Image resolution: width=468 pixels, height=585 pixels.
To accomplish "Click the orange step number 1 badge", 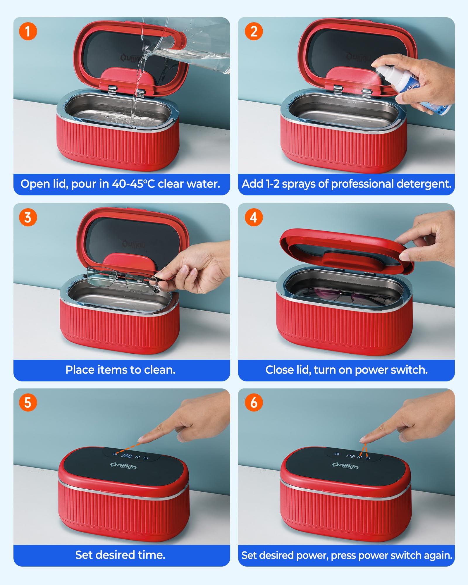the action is [28, 31].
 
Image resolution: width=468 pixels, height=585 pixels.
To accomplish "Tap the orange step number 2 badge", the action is [254, 31].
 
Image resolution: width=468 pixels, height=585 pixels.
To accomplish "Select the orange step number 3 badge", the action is [28, 217].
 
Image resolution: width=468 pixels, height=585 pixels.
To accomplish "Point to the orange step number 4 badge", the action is [254, 217].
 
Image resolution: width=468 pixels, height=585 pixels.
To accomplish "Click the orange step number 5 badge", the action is [28, 402].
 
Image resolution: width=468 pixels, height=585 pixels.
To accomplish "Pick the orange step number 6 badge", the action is [254, 402].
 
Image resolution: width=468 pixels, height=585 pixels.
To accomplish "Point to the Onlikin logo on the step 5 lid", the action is [123, 465].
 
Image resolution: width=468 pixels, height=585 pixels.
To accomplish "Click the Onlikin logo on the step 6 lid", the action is [345, 465].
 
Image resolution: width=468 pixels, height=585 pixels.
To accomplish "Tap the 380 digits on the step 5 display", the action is [127, 455].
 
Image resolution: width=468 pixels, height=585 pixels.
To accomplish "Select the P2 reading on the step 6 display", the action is [350, 456].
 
